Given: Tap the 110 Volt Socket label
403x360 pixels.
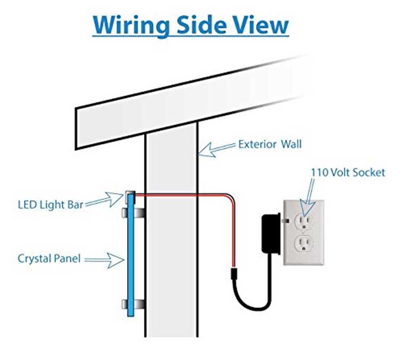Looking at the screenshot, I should [x=348, y=173].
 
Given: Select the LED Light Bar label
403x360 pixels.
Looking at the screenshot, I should [x=50, y=205].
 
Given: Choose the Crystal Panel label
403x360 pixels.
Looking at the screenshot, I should [x=49, y=258].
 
